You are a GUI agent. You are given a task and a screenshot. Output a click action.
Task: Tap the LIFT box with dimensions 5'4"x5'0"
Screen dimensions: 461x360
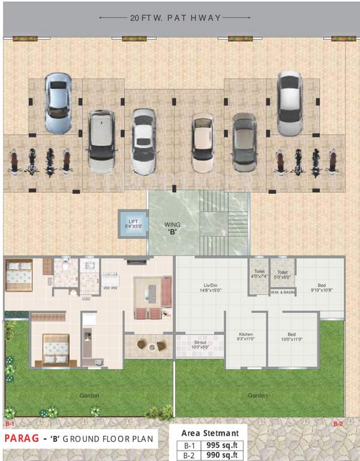coord(133,224)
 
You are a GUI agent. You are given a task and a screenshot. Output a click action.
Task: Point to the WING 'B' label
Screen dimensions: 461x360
coord(173,228)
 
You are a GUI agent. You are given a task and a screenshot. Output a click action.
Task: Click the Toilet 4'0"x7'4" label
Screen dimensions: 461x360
coord(259,274)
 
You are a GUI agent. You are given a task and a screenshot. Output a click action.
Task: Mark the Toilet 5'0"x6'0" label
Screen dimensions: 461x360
coord(282,274)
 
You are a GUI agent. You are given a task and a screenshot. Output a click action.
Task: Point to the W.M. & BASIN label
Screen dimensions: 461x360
coord(283,292)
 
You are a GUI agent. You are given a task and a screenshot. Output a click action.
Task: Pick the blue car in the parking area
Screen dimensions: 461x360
coord(58,103)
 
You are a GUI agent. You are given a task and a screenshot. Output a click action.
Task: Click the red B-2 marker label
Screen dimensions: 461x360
coord(338,424)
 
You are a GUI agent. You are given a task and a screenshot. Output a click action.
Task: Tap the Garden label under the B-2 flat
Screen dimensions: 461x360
coord(258,396)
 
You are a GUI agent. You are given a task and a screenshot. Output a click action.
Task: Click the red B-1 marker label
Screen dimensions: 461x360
coord(10,424)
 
